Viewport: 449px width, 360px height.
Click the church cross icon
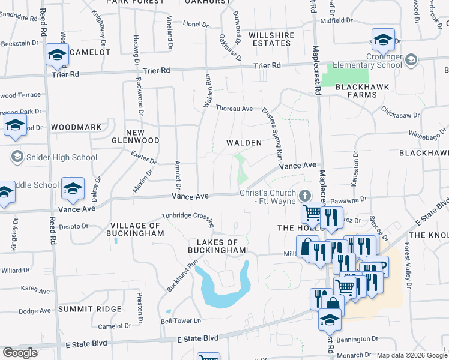coord(305,196)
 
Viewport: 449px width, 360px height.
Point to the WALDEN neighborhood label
coord(244,143)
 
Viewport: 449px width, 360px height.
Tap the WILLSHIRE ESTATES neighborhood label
coord(271,40)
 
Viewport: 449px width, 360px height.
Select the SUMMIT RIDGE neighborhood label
coord(89,308)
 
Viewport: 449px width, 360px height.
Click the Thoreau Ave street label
coord(234,109)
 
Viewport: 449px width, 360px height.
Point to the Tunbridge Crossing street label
coord(187,218)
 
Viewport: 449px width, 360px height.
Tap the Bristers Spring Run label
coord(272,133)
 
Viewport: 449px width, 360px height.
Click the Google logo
coord(20,353)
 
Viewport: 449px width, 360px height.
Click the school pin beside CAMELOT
coord(57,55)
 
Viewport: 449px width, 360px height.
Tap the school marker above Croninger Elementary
coord(383,40)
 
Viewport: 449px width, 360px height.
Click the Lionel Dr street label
coord(196,25)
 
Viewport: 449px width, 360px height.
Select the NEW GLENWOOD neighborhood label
coord(135,136)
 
